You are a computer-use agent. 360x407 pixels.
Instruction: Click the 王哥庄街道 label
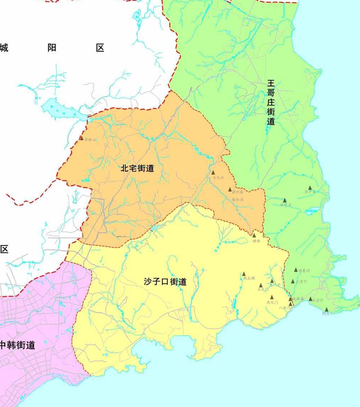coord(271,103)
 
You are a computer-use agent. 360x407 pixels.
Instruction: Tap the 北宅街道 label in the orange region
coord(137,168)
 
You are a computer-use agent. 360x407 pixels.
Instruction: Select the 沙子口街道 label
coord(165,282)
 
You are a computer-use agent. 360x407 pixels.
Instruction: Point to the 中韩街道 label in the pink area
coord(18,345)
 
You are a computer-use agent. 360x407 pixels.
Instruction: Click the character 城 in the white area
coord(4,47)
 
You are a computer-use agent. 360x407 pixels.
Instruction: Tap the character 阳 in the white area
coord(52,47)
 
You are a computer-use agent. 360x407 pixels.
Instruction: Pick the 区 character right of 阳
coord(100,47)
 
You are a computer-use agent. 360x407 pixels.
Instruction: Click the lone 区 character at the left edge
coord(4,248)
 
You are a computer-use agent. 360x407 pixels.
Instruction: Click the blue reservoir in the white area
coord(53,106)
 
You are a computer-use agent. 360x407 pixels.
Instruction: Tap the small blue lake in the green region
coord(310,210)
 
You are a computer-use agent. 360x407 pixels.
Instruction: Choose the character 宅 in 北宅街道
coord(131,168)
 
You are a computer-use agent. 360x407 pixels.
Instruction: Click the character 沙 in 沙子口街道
coord(148,282)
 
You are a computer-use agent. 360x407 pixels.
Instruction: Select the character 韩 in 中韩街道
coord(12,345)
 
